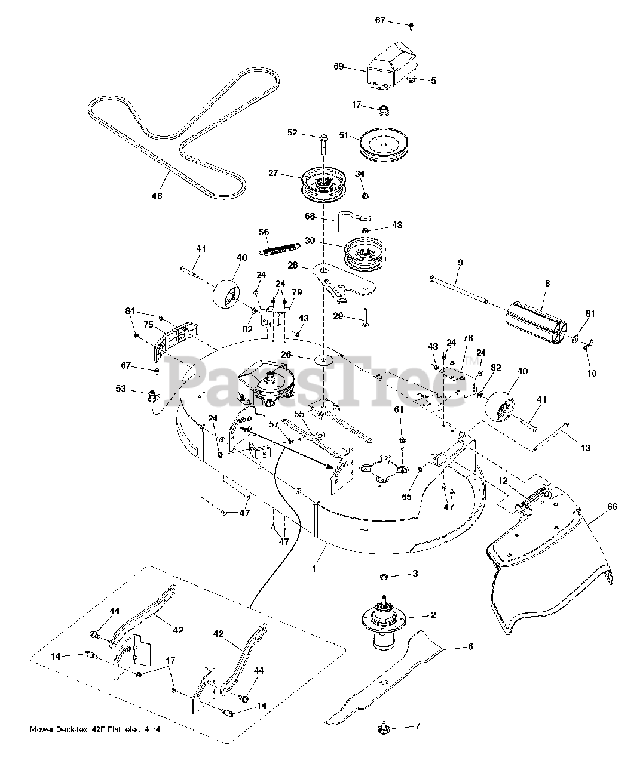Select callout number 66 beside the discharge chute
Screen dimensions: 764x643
tap(611, 507)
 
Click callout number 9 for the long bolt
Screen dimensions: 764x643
tap(460, 262)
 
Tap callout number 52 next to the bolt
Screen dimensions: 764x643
tap(293, 133)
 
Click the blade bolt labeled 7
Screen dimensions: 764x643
tap(381, 727)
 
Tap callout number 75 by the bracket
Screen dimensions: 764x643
tap(148, 325)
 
